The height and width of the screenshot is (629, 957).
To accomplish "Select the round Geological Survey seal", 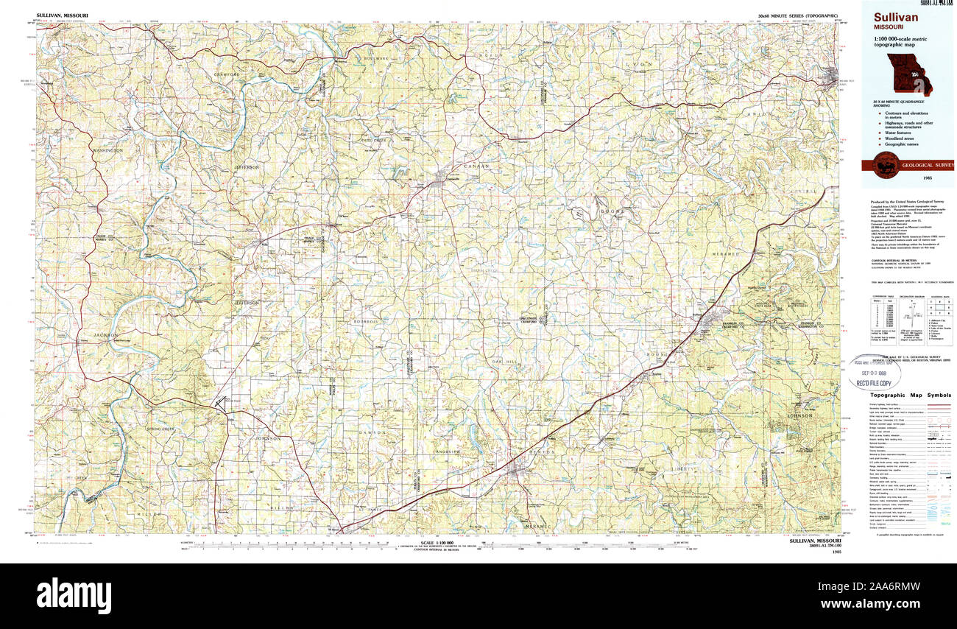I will tap(883, 166).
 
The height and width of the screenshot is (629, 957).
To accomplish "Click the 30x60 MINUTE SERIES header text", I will tap(797, 15).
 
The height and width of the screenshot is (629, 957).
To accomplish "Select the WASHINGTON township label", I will tap(107, 150).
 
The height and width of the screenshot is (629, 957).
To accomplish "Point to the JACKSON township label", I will tap(106, 335).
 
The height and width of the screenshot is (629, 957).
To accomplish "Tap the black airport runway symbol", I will tap(219, 404).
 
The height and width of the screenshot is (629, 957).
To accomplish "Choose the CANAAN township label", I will tap(476, 166).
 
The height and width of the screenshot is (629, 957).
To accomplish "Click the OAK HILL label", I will tap(505, 362).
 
